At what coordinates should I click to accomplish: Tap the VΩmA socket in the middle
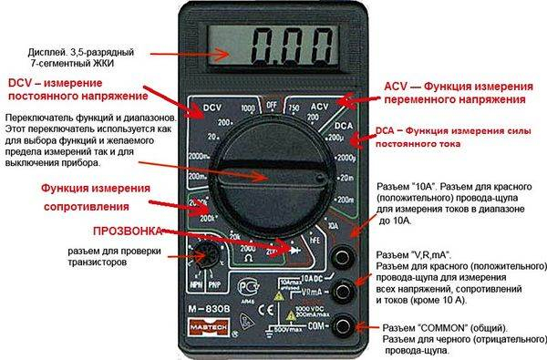pyautogui.click(x=343, y=291)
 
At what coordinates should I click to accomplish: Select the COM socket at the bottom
pyautogui.click(x=343, y=324)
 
